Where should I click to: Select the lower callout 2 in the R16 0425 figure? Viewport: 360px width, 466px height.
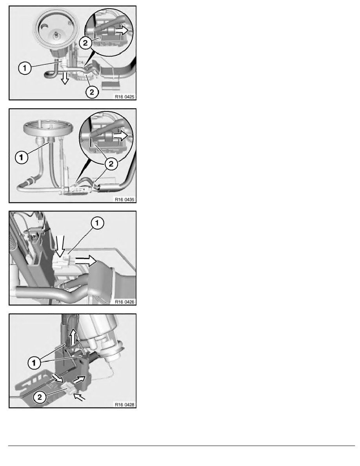pyautogui.click(x=91, y=92)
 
